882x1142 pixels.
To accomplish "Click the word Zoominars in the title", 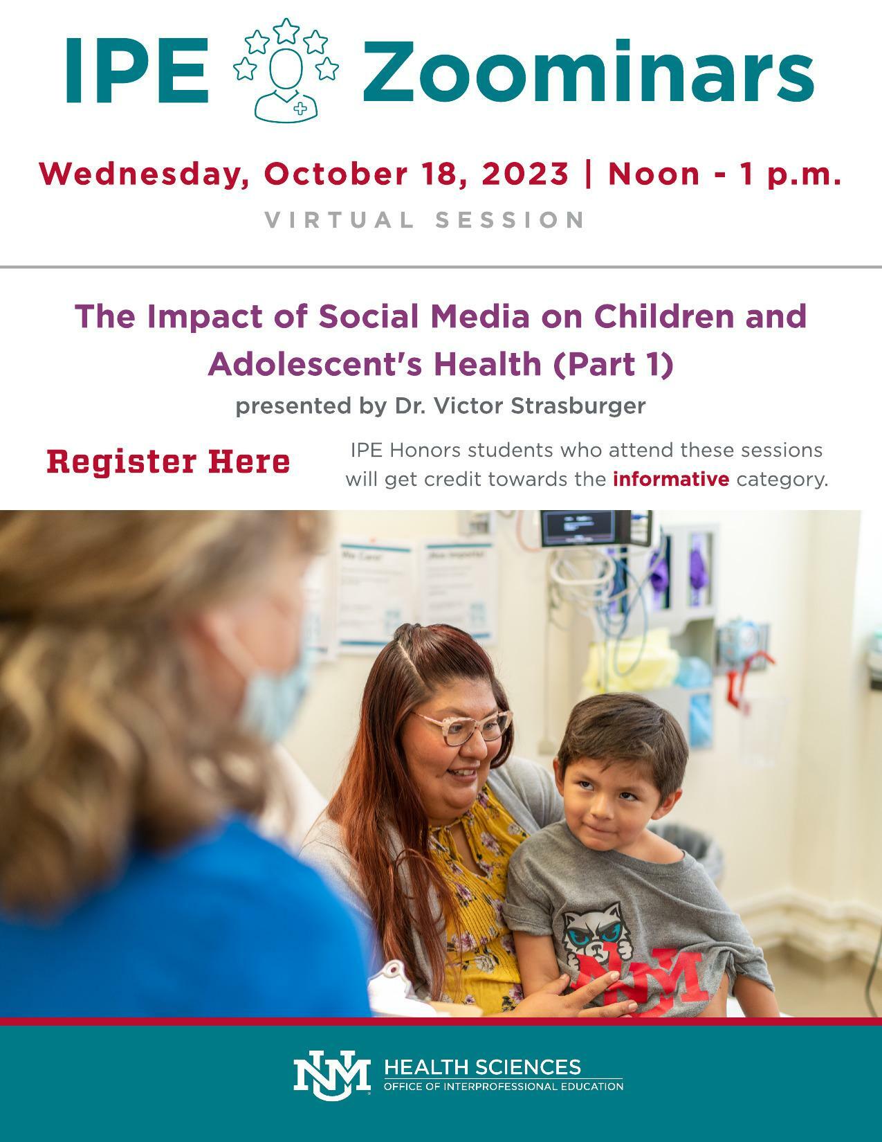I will [588, 71].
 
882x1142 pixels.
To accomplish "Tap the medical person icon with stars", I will [286, 69].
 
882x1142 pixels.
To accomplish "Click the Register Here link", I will [168, 462].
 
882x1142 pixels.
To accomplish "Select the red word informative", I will [670, 479].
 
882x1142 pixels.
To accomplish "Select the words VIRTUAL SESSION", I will [425, 220].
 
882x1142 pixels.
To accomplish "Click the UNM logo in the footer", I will [331, 1076].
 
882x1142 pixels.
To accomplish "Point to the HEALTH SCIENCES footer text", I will [482, 1067].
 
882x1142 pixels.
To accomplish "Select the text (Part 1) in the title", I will [613, 364].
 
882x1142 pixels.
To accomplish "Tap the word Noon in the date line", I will [654, 174].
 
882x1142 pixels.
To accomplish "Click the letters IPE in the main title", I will [137, 71].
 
